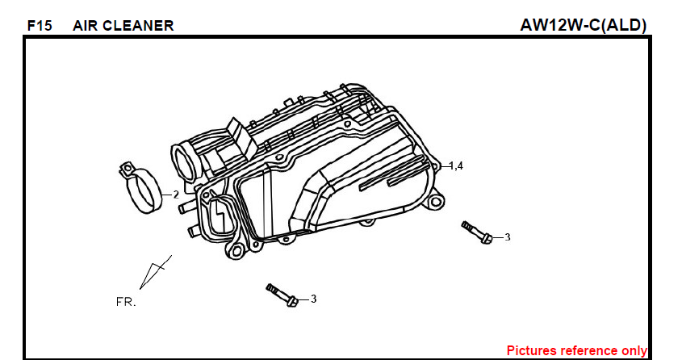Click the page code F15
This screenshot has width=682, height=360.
40,26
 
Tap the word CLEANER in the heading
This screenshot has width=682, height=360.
138,26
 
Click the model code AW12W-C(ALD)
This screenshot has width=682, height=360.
584,25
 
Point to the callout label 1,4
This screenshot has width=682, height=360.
456,165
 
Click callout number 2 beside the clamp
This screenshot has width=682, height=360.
176,195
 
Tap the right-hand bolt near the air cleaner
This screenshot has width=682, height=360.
477,232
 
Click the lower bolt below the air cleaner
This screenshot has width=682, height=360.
282,295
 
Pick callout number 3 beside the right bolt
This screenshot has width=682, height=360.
507,237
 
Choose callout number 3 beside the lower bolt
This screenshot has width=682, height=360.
313,299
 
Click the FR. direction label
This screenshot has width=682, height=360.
126,302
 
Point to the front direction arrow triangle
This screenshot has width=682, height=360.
153,273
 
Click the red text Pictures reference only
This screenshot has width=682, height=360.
577,350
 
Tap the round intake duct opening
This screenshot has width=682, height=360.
186,164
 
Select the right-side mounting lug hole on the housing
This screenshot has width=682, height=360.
435,202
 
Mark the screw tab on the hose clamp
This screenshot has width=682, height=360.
127,169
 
